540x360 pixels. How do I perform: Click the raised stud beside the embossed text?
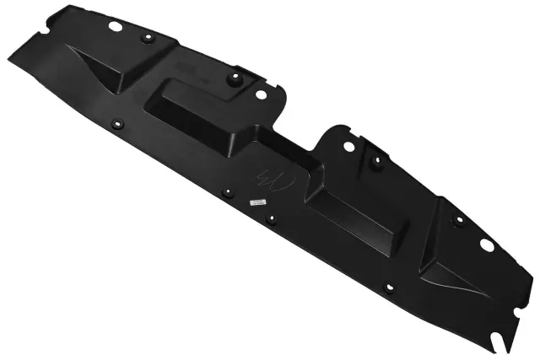[x=235, y=79]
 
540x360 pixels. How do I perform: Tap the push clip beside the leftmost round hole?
[x=145, y=40]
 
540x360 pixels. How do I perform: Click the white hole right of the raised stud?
[x=260, y=95]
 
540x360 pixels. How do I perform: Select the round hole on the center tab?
[x=348, y=147]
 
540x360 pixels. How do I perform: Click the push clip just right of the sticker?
[x=271, y=220]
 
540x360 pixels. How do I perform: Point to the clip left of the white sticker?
[x=226, y=193]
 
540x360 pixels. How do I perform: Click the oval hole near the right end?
[x=486, y=244]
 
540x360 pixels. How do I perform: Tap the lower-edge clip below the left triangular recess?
[x=116, y=124]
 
